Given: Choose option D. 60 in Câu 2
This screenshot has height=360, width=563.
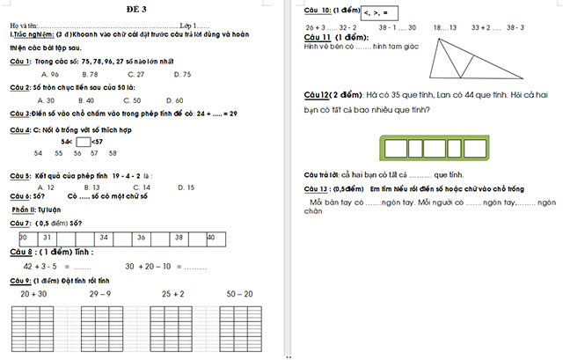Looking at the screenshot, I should click(174, 100).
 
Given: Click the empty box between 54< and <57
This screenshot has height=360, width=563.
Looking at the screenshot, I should click(84, 141).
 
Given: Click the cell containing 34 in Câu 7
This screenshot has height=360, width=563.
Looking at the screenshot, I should click(104, 239).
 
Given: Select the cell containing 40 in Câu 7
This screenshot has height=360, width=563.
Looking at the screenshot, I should click(211, 239).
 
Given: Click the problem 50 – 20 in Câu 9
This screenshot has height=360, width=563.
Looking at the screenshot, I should click(239, 294).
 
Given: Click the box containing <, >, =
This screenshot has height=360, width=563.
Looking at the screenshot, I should click(380, 11).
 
